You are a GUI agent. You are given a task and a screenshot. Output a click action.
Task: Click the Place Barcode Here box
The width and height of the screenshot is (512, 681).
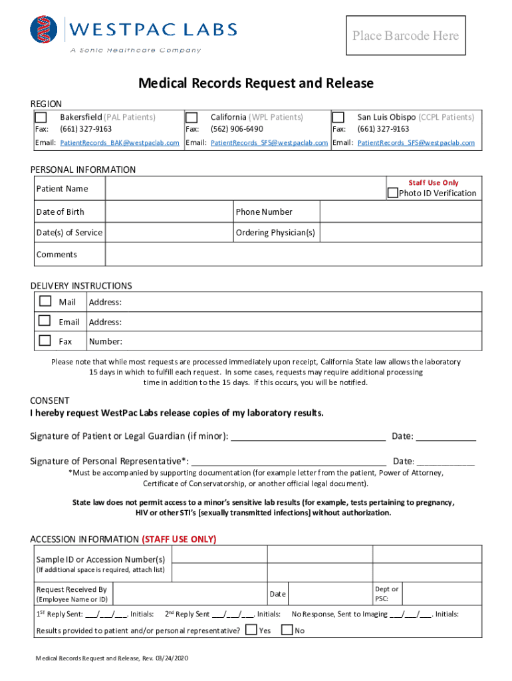pyautogui.click(x=406, y=36)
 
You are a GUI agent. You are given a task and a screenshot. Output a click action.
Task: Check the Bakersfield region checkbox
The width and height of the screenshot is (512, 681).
pyautogui.click(x=41, y=118)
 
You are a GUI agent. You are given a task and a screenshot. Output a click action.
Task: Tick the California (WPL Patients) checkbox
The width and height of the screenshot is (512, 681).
pyautogui.click(x=192, y=118)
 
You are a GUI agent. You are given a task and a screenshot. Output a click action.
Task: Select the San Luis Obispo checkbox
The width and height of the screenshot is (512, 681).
pyautogui.click(x=338, y=118)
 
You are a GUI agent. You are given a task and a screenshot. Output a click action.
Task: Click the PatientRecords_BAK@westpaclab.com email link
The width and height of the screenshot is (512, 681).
pyautogui.click(x=120, y=143)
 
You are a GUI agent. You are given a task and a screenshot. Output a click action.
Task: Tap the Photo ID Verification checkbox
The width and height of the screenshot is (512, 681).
pyautogui.click(x=392, y=194)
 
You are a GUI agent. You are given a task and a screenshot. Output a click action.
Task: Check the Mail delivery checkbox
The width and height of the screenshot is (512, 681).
pyautogui.click(x=45, y=301)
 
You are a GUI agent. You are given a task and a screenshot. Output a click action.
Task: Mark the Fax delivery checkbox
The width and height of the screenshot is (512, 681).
pyautogui.click(x=45, y=340)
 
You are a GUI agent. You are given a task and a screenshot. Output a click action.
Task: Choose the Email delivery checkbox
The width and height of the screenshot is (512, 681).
pyautogui.click(x=45, y=321)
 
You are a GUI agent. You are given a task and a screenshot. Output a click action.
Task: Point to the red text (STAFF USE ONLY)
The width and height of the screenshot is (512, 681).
pyautogui.click(x=179, y=539)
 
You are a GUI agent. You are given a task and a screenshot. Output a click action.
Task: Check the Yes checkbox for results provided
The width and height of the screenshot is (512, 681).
pyautogui.click(x=251, y=629)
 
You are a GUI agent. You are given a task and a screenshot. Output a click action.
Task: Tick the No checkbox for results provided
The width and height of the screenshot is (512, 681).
pyautogui.click(x=287, y=629)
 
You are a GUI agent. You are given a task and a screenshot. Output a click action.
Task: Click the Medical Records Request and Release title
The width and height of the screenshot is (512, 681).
pyautogui.click(x=256, y=84)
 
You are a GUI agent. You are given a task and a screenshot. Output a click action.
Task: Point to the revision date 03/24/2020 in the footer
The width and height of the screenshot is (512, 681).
pyautogui.click(x=172, y=658)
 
